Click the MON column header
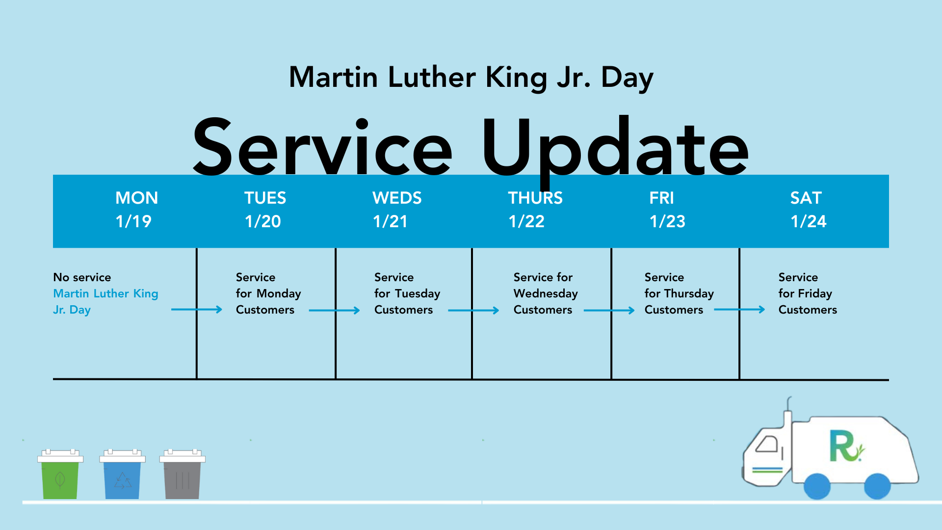(x=136, y=198)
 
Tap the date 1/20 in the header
(x=263, y=221)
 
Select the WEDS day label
(x=397, y=198)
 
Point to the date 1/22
(x=526, y=221)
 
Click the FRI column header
(x=661, y=198)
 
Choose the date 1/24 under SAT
(x=809, y=221)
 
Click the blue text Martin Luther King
(x=105, y=293)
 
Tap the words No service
(x=82, y=277)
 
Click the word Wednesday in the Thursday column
(x=546, y=293)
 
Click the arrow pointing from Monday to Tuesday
(x=197, y=310)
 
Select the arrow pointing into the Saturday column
(x=739, y=310)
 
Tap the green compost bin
(x=60, y=474)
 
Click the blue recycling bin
(x=122, y=474)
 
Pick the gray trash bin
(x=183, y=474)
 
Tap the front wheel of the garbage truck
(x=817, y=486)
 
